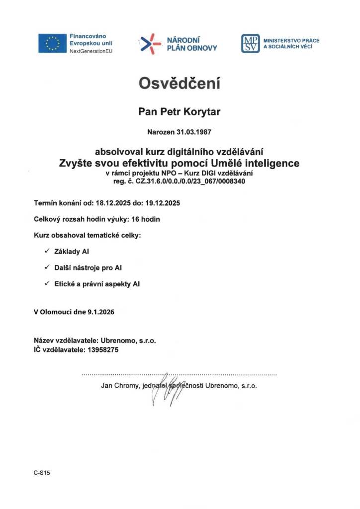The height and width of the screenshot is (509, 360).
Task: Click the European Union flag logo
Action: coord(52,43)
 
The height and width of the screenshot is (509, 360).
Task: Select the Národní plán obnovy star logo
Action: coord(151,43)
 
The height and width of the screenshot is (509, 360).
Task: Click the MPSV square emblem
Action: coord(251,44)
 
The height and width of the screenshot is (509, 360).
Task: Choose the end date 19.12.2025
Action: coord(162,203)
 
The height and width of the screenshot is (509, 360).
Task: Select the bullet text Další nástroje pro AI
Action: coord(88,267)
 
